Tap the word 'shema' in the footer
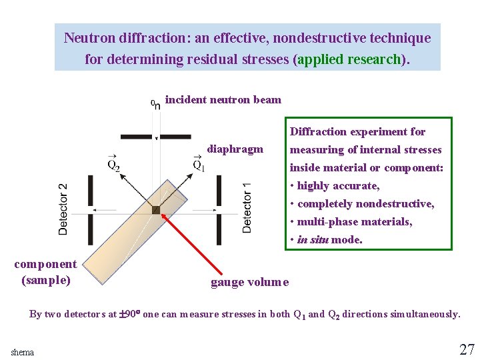pyautogui.click(x=22, y=352)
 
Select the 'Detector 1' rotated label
pyautogui.click(x=247, y=207)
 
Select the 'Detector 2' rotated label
pyautogui.click(x=63, y=209)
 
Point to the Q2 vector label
pyautogui.click(x=113, y=163)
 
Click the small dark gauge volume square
pyautogui.click(x=156, y=209)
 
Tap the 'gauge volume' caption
pyautogui.click(x=249, y=282)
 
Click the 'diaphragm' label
pyautogui.click(x=235, y=149)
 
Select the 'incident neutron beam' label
pyautogui.click(x=223, y=100)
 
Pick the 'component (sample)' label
pyautogui.click(x=45, y=272)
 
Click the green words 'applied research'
pyautogui.click(x=349, y=59)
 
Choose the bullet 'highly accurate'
pyautogui.click(x=338, y=186)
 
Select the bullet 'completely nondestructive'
pyautogui.click(x=365, y=204)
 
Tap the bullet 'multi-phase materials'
pyautogui.click(x=355, y=222)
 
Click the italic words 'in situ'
pyautogui.click(x=313, y=240)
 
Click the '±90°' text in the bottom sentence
pyautogui.click(x=131, y=314)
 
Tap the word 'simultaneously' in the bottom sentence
pyautogui.click(x=425, y=314)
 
